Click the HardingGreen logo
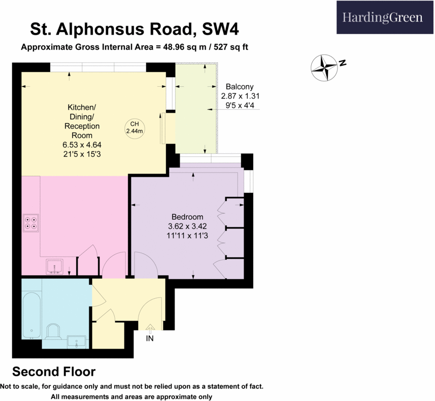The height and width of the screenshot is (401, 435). click(382, 18)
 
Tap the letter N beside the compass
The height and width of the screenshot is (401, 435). click(343, 63)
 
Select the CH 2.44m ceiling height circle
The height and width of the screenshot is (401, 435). click(135, 128)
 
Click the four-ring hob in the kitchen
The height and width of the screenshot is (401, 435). click(30, 223)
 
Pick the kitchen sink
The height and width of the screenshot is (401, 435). click(54, 266)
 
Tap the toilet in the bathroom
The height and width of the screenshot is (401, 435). click(53, 333)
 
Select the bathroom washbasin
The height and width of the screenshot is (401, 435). click(77, 342)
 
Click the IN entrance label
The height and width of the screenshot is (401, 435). click(150, 338)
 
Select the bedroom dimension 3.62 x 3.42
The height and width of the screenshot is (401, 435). click(187, 226)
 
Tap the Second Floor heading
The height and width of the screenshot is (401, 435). click(54, 372)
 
